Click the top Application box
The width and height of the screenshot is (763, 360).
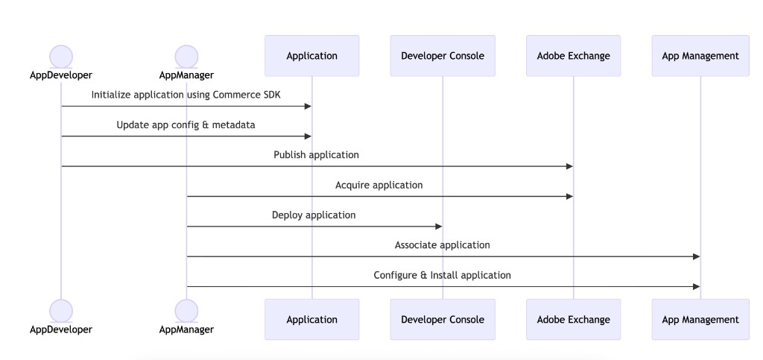(311, 56)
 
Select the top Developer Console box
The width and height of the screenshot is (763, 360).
(443, 56)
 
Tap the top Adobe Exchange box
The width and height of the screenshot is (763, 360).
(573, 56)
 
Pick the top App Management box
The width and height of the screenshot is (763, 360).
(700, 56)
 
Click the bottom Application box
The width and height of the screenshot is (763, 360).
(311, 320)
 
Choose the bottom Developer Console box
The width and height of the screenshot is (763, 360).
(443, 320)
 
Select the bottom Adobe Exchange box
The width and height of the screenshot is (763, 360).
(573, 320)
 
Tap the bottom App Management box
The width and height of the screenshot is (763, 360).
(700, 320)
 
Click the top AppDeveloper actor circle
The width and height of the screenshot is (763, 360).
(61, 56)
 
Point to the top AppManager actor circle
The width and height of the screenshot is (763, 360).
(186, 56)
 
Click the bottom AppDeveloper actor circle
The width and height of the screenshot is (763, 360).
(61, 311)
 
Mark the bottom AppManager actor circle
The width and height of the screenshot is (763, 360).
(186, 311)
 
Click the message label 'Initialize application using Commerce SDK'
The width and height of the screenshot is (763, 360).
(186, 95)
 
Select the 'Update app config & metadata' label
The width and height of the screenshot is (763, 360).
(186, 125)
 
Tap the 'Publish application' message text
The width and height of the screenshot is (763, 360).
(316, 155)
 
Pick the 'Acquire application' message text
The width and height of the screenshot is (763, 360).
(379, 185)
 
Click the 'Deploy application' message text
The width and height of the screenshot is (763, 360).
(314, 215)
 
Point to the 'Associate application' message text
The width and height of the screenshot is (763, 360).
(442, 244)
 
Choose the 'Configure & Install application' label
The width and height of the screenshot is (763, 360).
(442, 275)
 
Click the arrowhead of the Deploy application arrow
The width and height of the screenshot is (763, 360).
(438, 227)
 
